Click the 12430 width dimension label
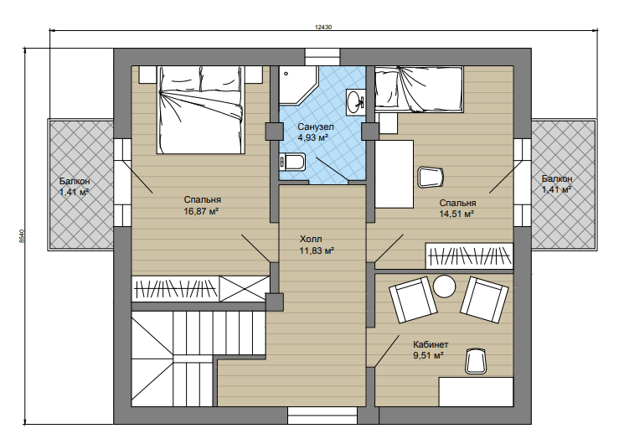point(323,27)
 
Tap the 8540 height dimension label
point(22,236)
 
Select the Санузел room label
point(316,127)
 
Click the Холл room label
point(311,240)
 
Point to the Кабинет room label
point(431,344)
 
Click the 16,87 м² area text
point(201,211)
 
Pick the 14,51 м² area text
point(456,214)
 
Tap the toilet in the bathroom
point(292,162)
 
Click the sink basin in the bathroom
point(354,102)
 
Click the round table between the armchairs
point(444,287)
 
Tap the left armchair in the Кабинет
point(413,300)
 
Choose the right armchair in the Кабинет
point(484,300)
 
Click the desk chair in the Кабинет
point(476,361)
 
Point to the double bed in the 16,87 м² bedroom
point(200,110)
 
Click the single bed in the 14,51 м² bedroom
point(419,89)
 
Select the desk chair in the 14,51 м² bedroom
point(431,178)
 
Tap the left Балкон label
point(75,181)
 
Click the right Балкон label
point(557,178)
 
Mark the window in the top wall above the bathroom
point(322,56)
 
